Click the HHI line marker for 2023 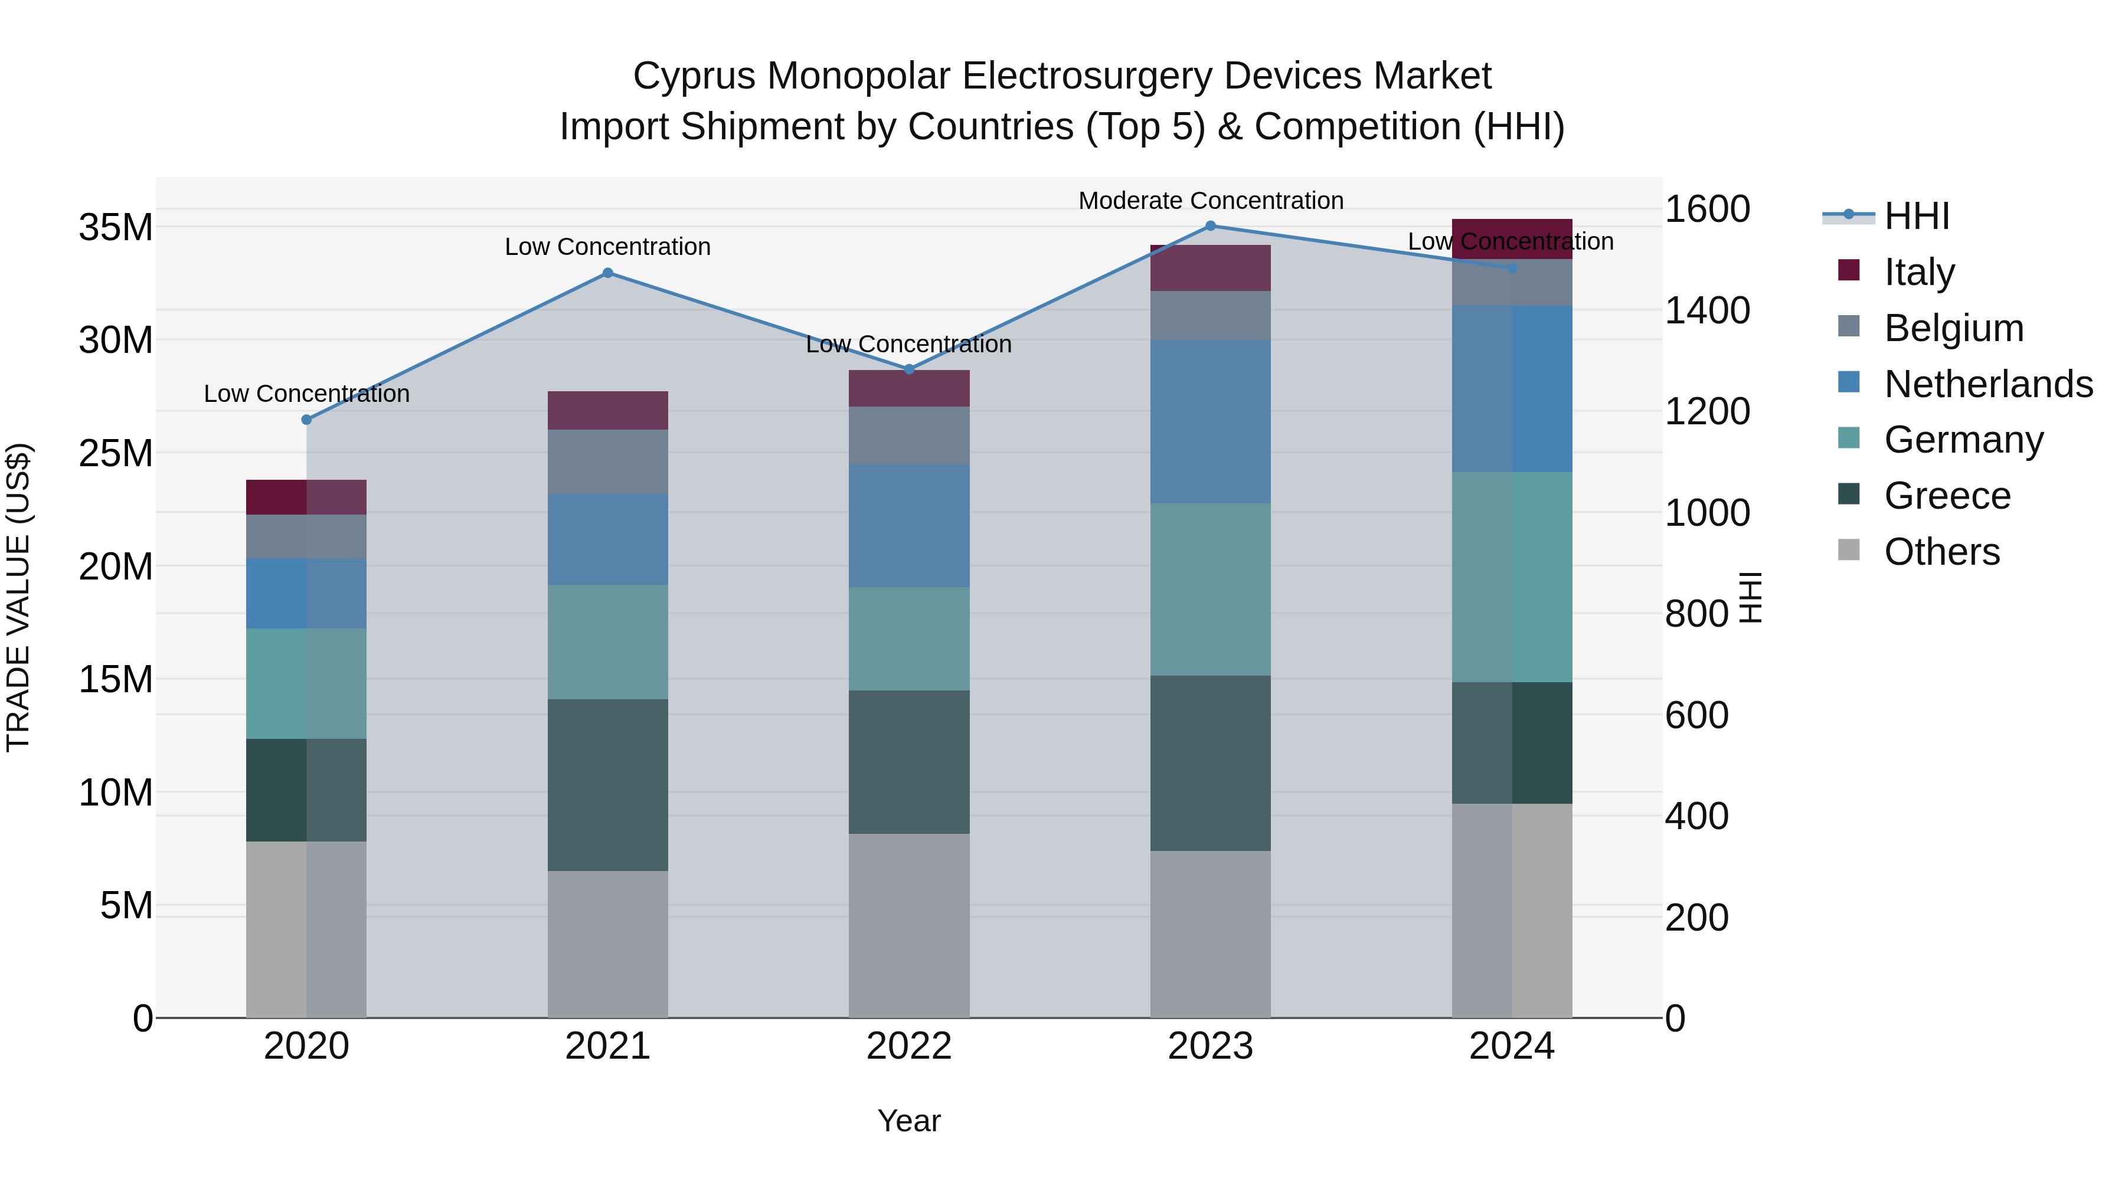click(1210, 225)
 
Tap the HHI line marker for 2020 click(307, 420)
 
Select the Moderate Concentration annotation click(1210, 201)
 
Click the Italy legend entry click(1919, 271)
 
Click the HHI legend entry click(1916, 216)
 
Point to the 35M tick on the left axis click(116, 227)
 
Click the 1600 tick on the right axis click(1706, 209)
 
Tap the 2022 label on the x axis click(909, 1046)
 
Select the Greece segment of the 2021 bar click(608, 784)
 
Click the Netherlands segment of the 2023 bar click(1210, 421)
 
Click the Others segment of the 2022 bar click(909, 925)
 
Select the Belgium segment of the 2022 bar click(909, 436)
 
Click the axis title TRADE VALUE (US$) click(18, 597)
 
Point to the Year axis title click(909, 1121)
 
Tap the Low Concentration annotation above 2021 click(608, 247)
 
